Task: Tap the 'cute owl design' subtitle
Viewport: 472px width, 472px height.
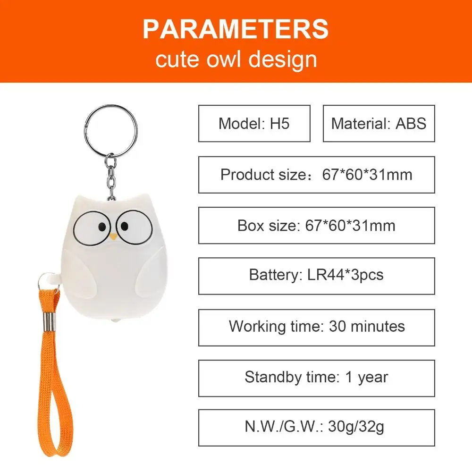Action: click(x=236, y=60)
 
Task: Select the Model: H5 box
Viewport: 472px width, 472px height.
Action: click(x=254, y=123)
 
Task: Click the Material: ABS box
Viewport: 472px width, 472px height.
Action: click(x=379, y=123)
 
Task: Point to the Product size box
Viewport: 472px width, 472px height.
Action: click(x=316, y=175)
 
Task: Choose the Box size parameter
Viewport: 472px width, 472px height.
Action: click(x=316, y=225)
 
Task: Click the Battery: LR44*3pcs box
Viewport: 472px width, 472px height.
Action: click(x=316, y=276)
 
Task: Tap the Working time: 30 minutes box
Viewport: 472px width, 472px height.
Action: click(x=316, y=326)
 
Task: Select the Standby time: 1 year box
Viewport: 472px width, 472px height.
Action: click(x=316, y=377)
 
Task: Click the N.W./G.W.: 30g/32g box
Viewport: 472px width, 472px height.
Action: click(x=316, y=427)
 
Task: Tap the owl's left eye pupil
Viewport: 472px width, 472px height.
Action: click(x=101, y=228)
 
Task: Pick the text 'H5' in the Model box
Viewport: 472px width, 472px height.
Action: click(x=279, y=123)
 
